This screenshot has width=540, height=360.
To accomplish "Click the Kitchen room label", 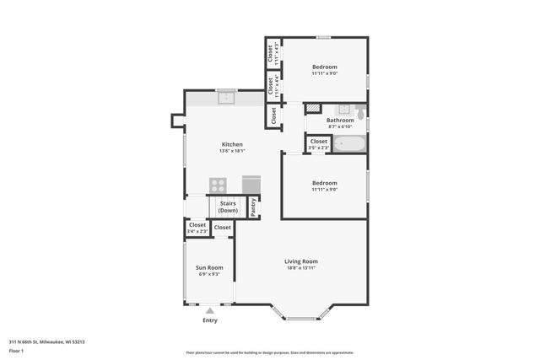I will pyautogui.click(x=232, y=144).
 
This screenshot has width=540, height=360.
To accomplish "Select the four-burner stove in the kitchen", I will pyautogui.click(x=219, y=185).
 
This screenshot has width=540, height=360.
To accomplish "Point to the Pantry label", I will pyautogui.click(x=253, y=207).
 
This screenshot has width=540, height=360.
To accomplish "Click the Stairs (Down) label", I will pyautogui.click(x=228, y=207).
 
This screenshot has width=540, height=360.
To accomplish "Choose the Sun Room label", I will pyautogui.click(x=209, y=267).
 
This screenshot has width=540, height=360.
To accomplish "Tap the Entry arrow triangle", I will pyautogui.click(x=210, y=310).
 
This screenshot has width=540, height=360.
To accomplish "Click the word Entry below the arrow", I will pyautogui.click(x=210, y=320).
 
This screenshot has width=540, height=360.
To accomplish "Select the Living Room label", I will pyautogui.click(x=300, y=261).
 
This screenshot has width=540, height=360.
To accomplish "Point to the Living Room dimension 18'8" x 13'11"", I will pyautogui.click(x=300, y=268).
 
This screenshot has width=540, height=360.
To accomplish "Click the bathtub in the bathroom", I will pyautogui.click(x=348, y=143).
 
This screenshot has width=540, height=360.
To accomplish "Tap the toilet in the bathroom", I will pyautogui.click(x=360, y=110).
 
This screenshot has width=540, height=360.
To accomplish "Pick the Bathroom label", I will pyautogui.click(x=341, y=120).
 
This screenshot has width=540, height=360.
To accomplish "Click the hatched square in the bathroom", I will pyautogui.click(x=313, y=109).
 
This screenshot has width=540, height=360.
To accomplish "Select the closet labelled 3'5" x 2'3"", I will pyautogui.click(x=318, y=144).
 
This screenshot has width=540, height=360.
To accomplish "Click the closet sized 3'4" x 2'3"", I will pyautogui.click(x=197, y=228).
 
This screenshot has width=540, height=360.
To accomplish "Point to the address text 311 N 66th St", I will pyautogui.click(x=46, y=341).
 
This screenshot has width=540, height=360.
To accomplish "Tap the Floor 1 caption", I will pyautogui.click(x=16, y=350).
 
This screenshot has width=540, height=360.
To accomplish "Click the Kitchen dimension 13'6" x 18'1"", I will pyautogui.click(x=232, y=151).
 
